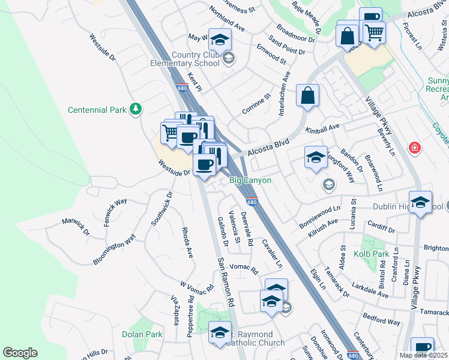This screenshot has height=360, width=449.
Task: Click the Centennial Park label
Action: coord(97,110)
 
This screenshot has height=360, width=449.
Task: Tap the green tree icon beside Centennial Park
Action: coord(137,109)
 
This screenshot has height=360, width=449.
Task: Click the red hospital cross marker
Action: coord(414,148)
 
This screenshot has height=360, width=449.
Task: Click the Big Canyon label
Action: coord(251,180)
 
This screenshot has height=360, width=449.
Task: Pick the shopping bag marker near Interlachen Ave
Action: coord(307,96)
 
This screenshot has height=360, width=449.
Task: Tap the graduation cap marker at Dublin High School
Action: coord(421,203)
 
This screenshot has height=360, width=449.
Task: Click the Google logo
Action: coord(20,353)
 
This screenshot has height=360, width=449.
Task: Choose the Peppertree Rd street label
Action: coord(190,316)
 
